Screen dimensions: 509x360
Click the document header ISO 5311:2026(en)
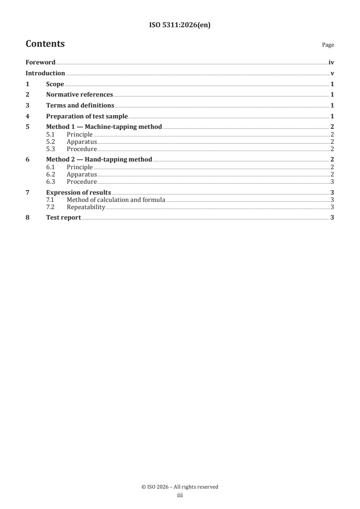(x=180, y=25)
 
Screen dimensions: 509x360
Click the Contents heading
(x=45, y=44)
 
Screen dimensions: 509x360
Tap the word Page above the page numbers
(x=328, y=45)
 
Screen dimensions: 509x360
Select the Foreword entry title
(x=40, y=62)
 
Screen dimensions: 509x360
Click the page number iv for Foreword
(x=331, y=62)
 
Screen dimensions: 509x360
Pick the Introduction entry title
(x=45, y=73)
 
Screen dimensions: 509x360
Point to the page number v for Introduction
(x=332, y=73)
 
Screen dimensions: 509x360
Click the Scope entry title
(x=55, y=84)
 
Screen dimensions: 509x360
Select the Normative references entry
(x=79, y=95)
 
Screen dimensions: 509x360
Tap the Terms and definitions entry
(x=80, y=106)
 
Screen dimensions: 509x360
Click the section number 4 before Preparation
(x=27, y=116)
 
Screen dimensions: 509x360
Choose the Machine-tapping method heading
(x=104, y=127)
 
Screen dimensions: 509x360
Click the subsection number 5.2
(x=51, y=142)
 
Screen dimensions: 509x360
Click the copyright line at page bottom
(x=180, y=487)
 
